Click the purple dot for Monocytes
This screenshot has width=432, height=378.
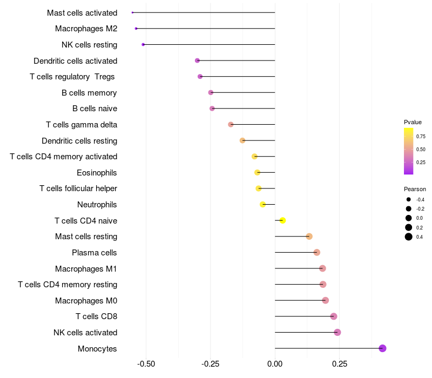[x=382, y=348]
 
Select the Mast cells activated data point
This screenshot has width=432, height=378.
[x=132, y=12]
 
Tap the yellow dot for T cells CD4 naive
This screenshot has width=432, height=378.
[x=282, y=220]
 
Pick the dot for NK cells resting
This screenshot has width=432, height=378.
[x=143, y=44]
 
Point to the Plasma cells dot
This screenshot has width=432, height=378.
[x=317, y=252]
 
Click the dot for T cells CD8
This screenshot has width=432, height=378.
[x=334, y=316]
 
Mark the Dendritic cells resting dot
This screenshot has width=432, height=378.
[x=242, y=140]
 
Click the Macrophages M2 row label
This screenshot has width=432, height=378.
[x=86, y=29]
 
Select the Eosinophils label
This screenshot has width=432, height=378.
[x=97, y=173]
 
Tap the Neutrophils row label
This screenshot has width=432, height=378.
[x=97, y=205]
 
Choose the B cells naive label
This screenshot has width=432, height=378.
[x=94, y=109]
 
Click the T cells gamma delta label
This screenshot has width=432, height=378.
[x=82, y=125]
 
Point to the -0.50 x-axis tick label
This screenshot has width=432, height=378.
[x=146, y=364]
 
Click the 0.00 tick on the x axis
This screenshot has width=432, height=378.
[x=275, y=364]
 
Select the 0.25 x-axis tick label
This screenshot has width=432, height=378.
[x=339, y=364]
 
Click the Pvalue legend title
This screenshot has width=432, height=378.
[x=413, y=122]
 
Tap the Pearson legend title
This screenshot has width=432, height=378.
[x=415, y=189]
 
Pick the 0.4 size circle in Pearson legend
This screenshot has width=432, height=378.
[x=409, y=237]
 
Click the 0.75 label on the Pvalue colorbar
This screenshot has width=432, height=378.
[x=421, y=136]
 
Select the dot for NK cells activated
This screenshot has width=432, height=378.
[x=337, y=332]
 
